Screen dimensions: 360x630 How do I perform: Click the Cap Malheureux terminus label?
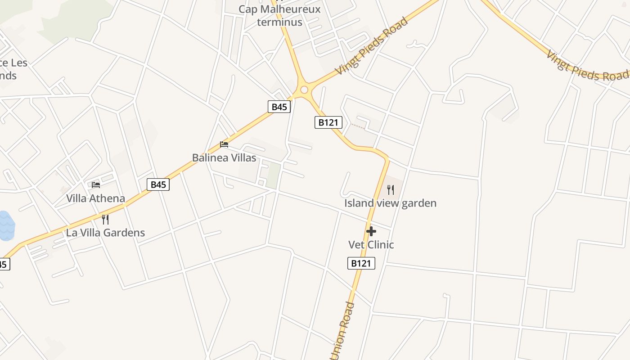[x=279, y=15]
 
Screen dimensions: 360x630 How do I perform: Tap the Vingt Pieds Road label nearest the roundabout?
[x=372, y=46]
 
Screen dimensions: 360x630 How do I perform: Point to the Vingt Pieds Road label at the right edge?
[x=587, y=67]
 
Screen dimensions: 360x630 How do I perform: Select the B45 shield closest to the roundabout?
[x=279, y=107]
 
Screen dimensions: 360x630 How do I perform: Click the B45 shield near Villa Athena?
[x=158, y=184]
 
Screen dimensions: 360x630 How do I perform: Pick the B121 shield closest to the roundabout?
[x=328, y=122]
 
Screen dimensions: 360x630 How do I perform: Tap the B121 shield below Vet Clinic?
[x=361, y=263]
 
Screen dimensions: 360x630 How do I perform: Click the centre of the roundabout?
[x=304, y=90]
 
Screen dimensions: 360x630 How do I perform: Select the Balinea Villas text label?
[x=224, y=158]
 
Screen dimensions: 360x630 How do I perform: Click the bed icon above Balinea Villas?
[x=224, y=144]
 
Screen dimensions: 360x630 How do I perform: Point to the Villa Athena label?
[x=95, y=198]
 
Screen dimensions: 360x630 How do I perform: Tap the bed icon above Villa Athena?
[x=96, y=184]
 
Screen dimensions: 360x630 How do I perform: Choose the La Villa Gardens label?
[x=105, y=233]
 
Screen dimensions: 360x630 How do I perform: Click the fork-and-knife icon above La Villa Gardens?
[x=105, y=220]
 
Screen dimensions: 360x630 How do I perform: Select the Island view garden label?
[x=390, y=203]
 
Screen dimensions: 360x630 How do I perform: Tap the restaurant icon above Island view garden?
[x=391, y=190]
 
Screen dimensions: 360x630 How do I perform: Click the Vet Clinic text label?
[x=371, y=245]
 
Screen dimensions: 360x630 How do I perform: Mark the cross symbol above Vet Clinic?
[x=371, y=231]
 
